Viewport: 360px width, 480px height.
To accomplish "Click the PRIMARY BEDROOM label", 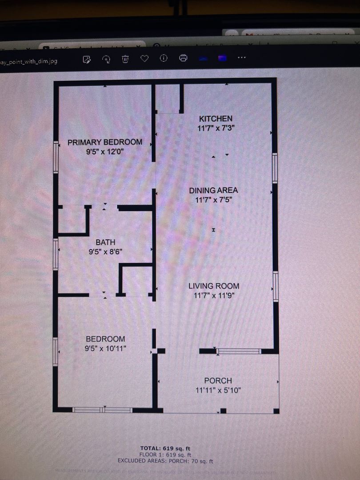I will tap(105, 142).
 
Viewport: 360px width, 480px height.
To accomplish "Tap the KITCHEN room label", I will tap(216, 119).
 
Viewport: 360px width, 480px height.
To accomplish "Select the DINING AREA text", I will tap(213, 190).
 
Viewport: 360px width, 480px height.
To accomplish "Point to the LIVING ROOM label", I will tap(214, 286).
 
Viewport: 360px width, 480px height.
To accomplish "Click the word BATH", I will tap(105, 242).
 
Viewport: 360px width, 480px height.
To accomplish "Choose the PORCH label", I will tap(218, 381).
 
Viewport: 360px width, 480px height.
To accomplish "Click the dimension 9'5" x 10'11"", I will tap(105, 348).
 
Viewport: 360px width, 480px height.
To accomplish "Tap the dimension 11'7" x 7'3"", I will tap(216, 128).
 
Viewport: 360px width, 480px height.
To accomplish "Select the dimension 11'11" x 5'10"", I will tap(218, 391).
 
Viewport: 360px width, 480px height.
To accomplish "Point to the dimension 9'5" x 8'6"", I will tap(105, 252).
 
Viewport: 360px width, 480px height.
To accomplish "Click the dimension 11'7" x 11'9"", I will tap(214, 296).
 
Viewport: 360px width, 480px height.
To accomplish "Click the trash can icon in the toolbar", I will tap(126, 59).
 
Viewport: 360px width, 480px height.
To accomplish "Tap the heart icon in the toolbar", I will tap(144, 59).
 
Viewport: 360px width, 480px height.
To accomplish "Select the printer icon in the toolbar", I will tap(183, 59).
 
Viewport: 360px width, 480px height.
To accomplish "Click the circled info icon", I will tap(164, 59).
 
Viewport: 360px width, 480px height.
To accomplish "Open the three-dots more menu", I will tap(241, 58).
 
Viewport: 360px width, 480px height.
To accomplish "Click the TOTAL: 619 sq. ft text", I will tap(165, 448).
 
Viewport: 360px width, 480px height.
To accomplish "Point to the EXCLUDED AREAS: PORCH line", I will tap(165, 462).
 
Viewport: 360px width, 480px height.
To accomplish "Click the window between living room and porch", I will tap(239, 352).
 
